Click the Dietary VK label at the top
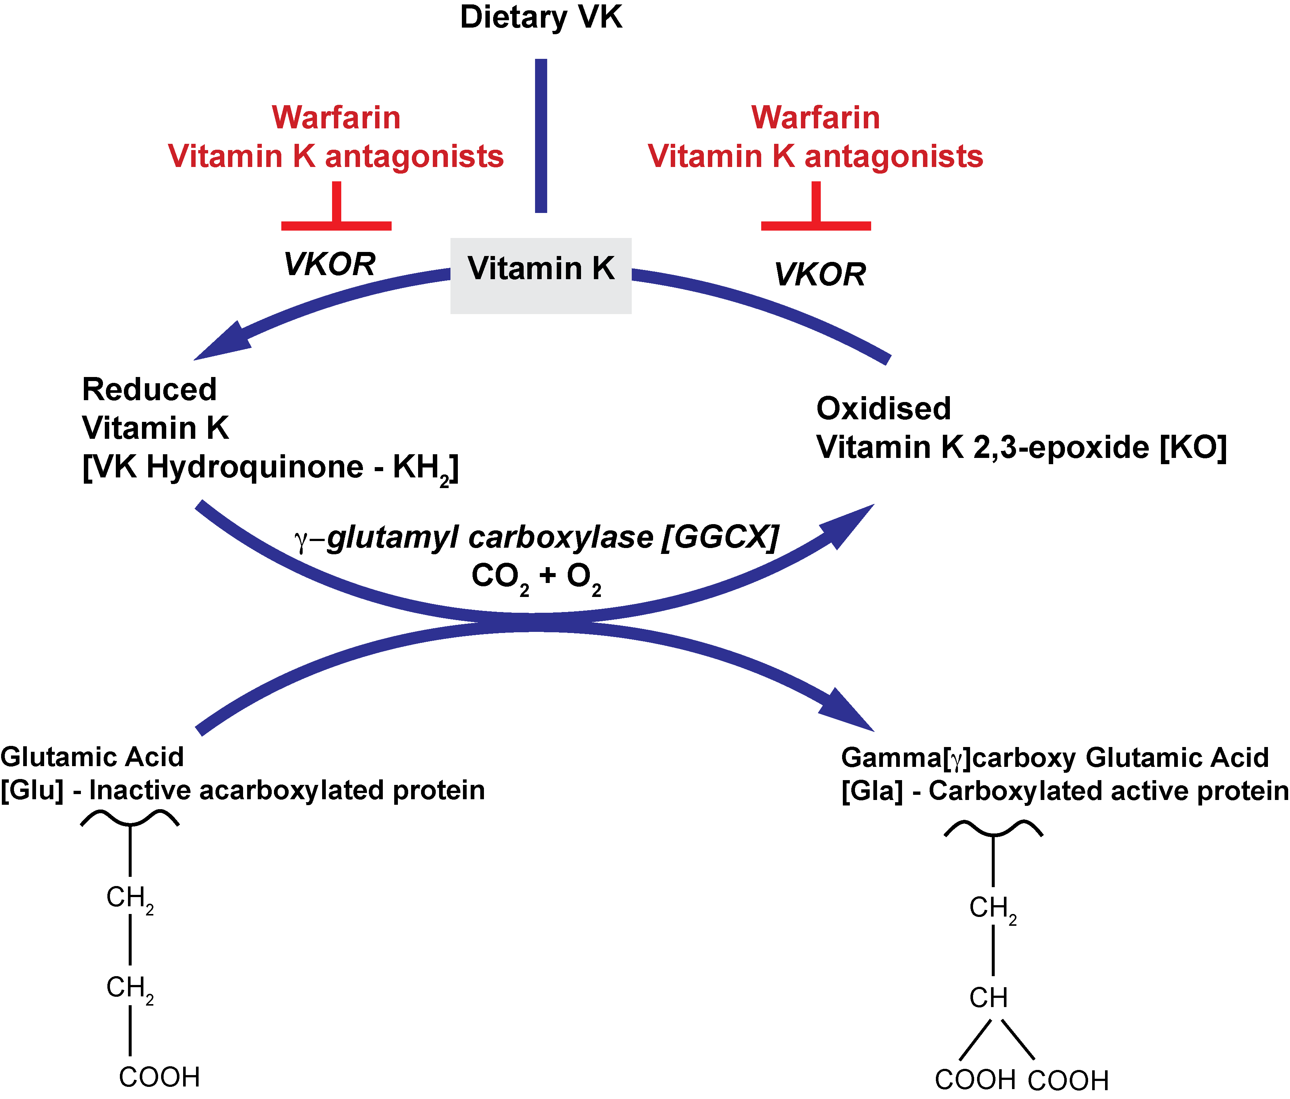pos(541,17)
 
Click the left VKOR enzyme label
pos(329,264)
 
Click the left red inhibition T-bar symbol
pos(336,212)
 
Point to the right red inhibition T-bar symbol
pos(816,212)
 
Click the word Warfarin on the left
pos(336,118)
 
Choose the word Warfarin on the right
pos(816,118)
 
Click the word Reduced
pos(149,390)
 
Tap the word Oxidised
pos(883,409)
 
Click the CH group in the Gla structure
pos(988,998)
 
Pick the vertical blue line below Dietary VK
pos(541,136)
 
